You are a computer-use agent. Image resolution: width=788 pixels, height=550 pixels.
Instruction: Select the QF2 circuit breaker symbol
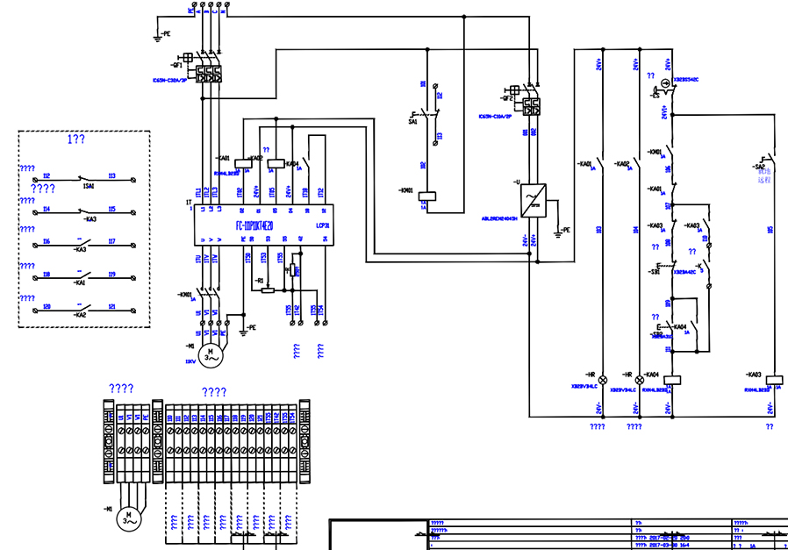pyautogui.click(x=531, y=106)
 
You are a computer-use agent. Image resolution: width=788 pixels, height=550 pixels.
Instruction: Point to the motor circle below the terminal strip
pyautogui.click(x=128, y=518)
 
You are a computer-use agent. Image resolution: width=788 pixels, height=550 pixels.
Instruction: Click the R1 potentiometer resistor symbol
pyautogui.click(x=269, y=289)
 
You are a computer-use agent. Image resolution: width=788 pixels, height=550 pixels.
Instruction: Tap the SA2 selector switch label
pyautogui.click(x=759, y=166)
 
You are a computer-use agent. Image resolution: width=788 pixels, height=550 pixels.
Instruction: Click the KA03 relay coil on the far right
pyautogui.click(x=773, y=381)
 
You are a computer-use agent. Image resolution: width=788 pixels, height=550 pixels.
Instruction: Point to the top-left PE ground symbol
pyautogui.click(x=158, y=34)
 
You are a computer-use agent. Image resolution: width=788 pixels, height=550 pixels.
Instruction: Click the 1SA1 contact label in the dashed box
pyautogui.click(x=89, y=186)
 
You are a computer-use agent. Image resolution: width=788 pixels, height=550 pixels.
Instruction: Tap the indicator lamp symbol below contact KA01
pyautogui.click(x=602, y=370)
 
